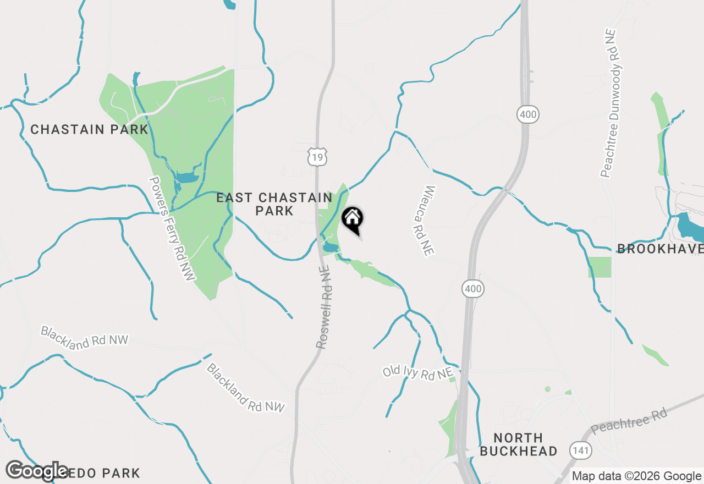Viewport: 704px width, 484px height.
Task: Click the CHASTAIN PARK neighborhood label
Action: pos(89,130)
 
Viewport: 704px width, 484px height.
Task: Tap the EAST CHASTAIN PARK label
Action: pos(274,204)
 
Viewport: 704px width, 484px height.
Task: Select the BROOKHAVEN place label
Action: pos(660,249)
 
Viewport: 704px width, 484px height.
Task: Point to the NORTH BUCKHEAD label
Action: pos(518,444)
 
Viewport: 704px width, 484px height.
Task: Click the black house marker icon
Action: pos(352,219)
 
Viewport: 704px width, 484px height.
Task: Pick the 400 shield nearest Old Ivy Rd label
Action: pos(472,288)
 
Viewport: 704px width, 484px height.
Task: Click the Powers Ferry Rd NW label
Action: pos(172,229)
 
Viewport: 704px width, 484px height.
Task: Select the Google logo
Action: pos(37,471)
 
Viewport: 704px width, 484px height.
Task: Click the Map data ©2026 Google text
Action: pos(636,476)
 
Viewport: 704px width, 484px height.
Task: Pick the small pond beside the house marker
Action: pos(330,248)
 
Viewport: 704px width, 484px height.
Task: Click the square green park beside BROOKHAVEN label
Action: pos(599,267)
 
